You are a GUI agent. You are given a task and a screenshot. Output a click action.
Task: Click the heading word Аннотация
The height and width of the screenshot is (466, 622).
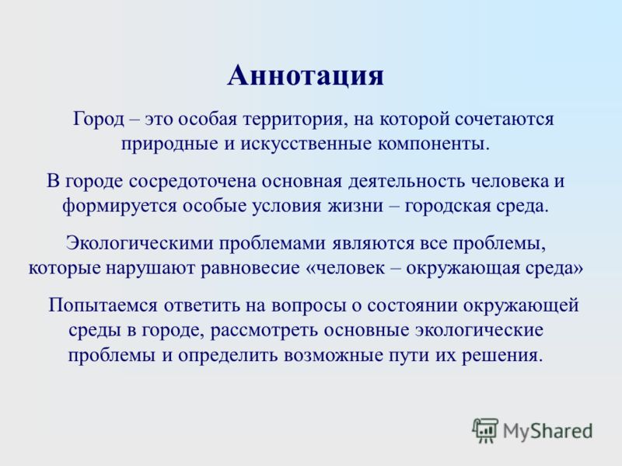click(x=306, y=75)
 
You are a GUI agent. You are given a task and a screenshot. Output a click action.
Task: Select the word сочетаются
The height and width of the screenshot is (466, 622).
click(x=504, y=120)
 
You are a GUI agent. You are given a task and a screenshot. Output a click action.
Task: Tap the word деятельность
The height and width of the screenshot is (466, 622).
click(x=407, y=182)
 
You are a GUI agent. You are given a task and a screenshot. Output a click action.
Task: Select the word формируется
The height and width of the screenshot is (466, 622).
click(x=119, y=206)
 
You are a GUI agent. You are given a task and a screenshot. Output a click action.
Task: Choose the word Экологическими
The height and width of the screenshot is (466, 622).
click(x=140, y=243)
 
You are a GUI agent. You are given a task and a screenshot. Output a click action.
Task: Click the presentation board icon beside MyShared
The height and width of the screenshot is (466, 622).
click(x=485, y=431)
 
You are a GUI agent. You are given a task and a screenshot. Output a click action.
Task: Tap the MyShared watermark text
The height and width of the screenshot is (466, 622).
click(x=547, y=431)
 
